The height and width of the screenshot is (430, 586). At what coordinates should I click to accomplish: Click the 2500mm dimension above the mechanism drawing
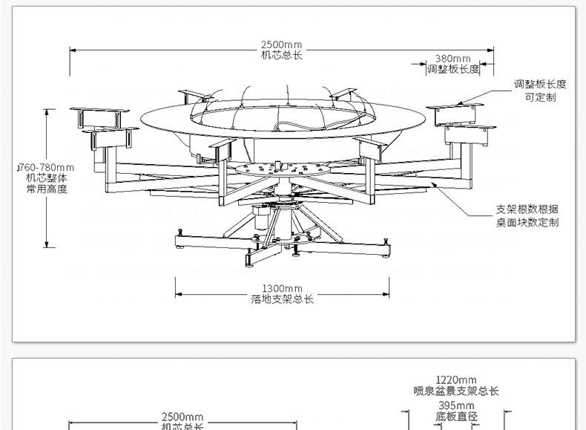point(282,44)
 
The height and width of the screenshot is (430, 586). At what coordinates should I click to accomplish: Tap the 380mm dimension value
point(452,59)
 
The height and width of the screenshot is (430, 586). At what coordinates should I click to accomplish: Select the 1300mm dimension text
point(282,288)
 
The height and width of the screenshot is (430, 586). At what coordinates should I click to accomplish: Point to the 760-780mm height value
point(46,168)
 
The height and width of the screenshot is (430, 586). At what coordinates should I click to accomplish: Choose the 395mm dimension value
point(455,405)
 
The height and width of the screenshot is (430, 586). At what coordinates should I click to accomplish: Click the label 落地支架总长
point(282,299)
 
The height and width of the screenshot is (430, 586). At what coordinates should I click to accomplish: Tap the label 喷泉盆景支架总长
point(455,391)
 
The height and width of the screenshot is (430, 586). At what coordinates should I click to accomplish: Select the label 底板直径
point(455,417)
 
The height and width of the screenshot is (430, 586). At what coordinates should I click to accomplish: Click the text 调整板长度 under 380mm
point(452,69)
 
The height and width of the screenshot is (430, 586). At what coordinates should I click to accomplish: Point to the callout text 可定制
point(540,97)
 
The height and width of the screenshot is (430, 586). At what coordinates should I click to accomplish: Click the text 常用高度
point(46,189)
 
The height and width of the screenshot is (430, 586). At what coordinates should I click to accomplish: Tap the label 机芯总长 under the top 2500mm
point(282,54)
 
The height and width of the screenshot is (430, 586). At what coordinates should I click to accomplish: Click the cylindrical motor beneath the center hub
point(261,217)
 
